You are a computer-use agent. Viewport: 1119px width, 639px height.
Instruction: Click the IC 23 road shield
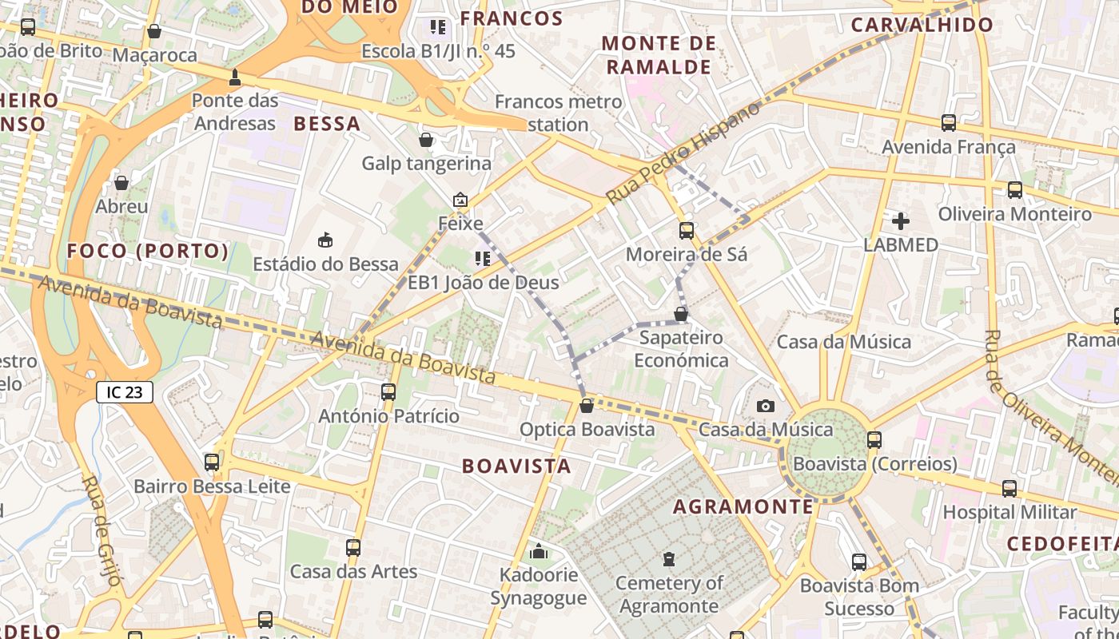tap(124, 392)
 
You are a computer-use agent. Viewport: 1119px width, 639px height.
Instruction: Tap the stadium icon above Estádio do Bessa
tap(325, 240)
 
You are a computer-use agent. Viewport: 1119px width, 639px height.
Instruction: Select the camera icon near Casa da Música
tap(765, 406)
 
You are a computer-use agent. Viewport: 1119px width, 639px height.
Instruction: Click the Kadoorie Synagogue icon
tap(539, 551)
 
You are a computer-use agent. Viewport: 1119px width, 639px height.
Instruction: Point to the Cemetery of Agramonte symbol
tap(669, 559)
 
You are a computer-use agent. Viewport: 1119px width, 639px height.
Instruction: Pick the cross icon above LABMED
tap(900, 221)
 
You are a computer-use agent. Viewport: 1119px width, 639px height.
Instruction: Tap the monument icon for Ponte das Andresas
tap(235, 77)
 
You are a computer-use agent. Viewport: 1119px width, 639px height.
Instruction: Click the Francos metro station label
tap(558, 113)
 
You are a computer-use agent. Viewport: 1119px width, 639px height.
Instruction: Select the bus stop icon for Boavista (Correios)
tap(874, 440)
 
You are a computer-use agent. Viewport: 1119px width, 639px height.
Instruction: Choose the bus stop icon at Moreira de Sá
tap(686, 231)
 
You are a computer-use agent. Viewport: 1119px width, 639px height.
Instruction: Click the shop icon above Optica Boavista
tap(586, 406)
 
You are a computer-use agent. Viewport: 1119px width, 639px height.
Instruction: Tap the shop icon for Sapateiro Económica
tap(680, 314)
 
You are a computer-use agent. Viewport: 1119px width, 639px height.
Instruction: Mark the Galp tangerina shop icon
tap(426, 140)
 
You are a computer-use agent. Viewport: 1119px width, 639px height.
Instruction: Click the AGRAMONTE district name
tap(743, 506)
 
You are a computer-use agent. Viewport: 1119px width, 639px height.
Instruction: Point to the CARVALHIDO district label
tap(921, 25)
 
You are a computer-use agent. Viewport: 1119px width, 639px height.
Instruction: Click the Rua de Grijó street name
tap(102, 530)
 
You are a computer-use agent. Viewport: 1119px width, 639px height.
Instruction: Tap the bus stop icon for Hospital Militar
tap(1009, 489)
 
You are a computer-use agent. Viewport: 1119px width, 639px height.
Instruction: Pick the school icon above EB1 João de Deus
tap(482, 258)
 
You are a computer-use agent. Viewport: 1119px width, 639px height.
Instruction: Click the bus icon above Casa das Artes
tap(352, 548)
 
